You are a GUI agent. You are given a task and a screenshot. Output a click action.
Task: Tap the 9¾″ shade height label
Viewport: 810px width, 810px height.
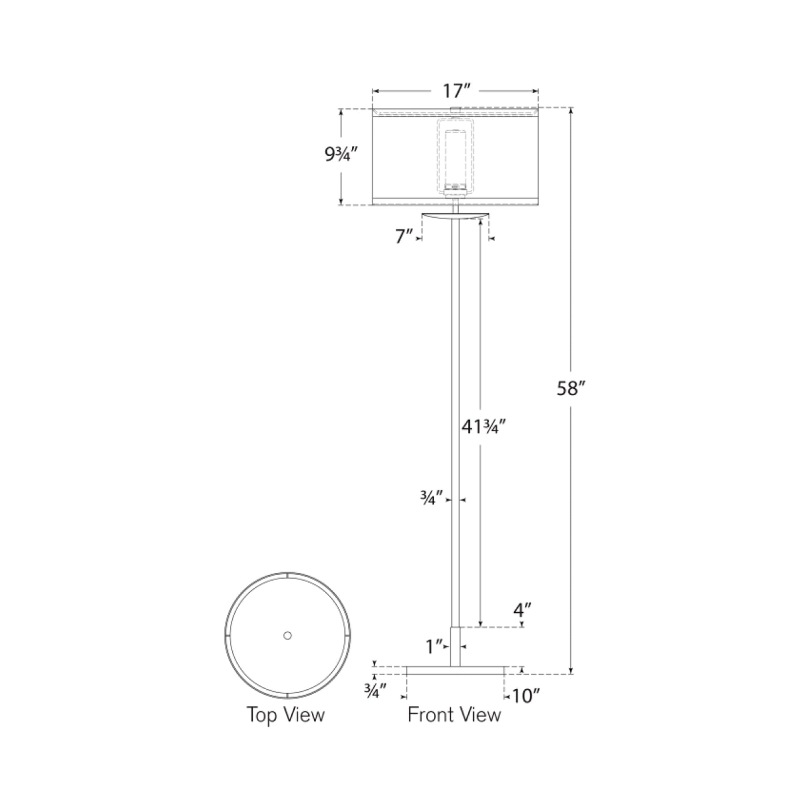(340, 155)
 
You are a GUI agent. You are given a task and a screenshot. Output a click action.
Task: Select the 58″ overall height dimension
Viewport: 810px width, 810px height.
(570, 389)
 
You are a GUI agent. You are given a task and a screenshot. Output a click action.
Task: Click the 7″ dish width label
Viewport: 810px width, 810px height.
(404, 236)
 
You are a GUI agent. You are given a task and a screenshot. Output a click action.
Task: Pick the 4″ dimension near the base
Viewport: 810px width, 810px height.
(522, 622)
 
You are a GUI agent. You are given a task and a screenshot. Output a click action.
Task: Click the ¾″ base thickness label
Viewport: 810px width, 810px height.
(374, 692)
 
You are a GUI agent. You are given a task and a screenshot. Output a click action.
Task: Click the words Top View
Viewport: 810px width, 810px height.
(286, 714)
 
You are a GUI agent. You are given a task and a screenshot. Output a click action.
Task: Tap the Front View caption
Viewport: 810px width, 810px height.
(454, 714)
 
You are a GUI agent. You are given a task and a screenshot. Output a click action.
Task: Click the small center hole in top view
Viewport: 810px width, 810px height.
(288, 636)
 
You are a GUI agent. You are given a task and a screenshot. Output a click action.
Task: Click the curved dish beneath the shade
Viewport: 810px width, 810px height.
(455, 216)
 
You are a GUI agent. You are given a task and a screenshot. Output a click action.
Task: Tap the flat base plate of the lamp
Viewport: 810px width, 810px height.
(455, 682)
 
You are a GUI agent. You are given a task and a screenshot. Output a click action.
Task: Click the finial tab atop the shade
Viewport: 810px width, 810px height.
(455, 110)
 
